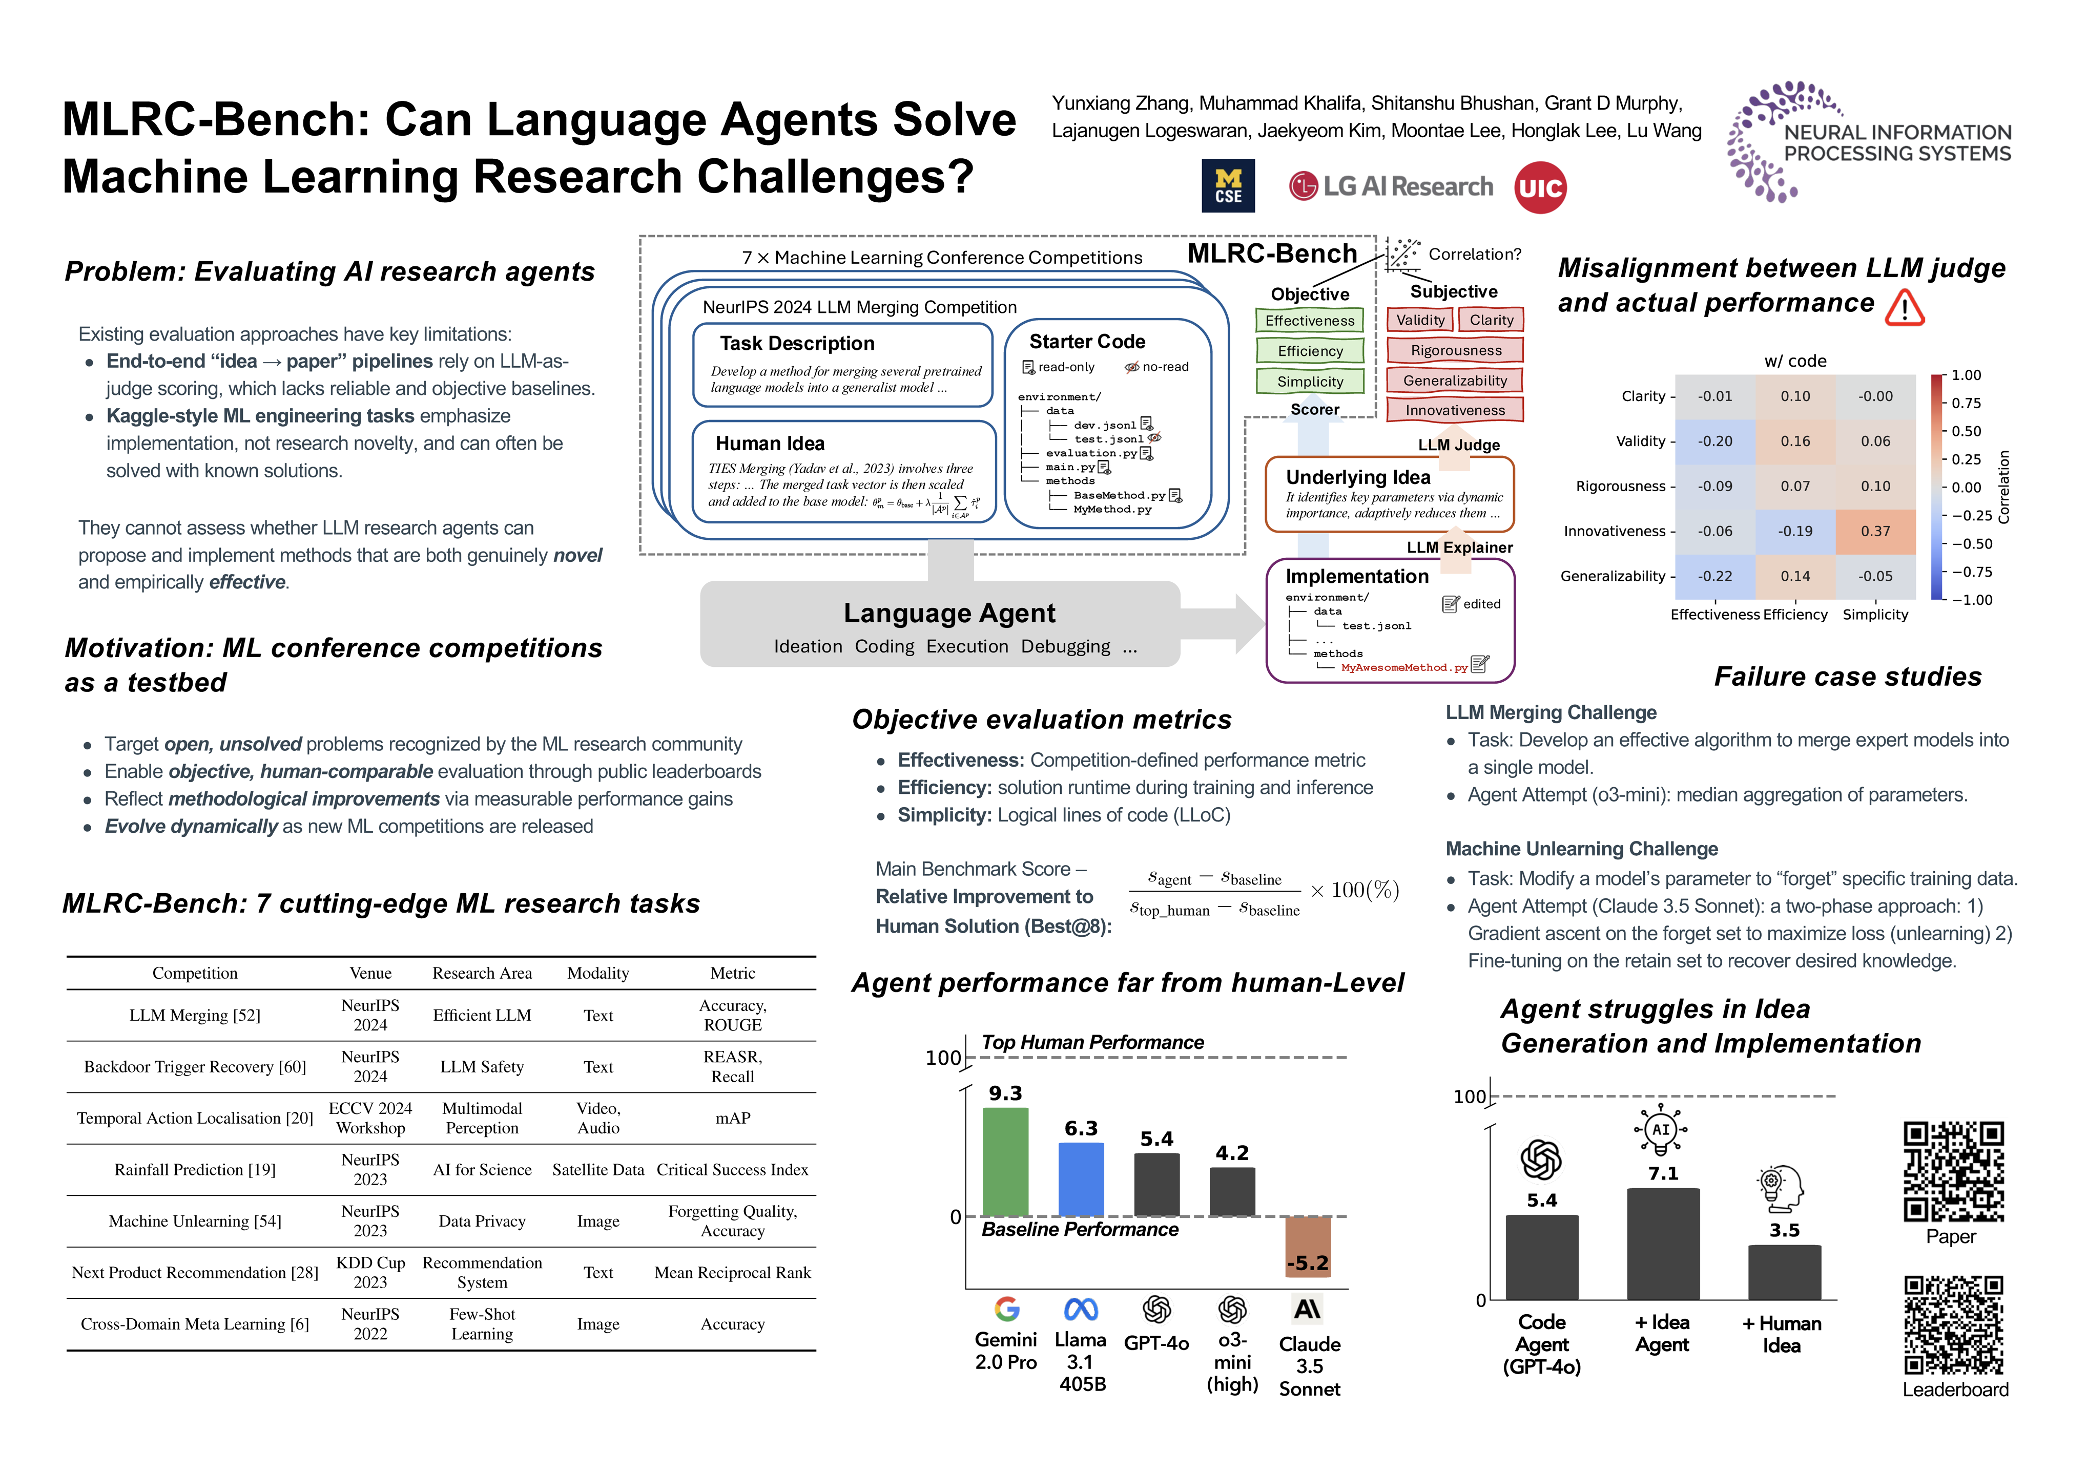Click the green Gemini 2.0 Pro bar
pos(1005,1162)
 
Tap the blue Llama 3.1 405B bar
pos(1081,1179)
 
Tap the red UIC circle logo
pos(1540,188)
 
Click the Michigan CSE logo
pos(1228,186)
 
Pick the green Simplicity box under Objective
pos(1310,382)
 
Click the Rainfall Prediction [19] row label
pos(195,1170)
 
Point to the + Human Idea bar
pos(1783,1272)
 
